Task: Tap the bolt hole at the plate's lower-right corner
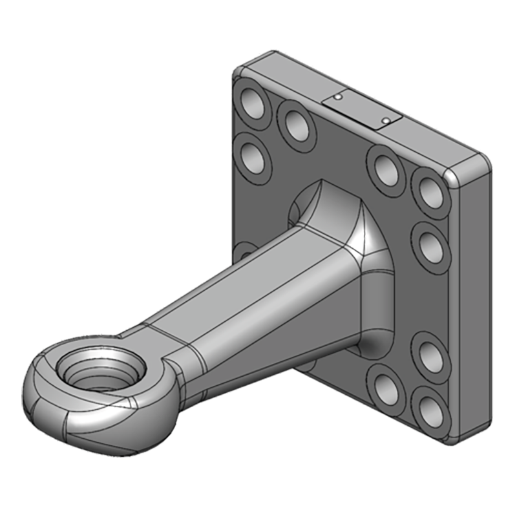click(429, 408)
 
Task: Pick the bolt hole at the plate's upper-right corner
click(429, 187)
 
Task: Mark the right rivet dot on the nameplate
click(385, 120)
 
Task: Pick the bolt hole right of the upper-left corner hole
click(296, 124)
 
